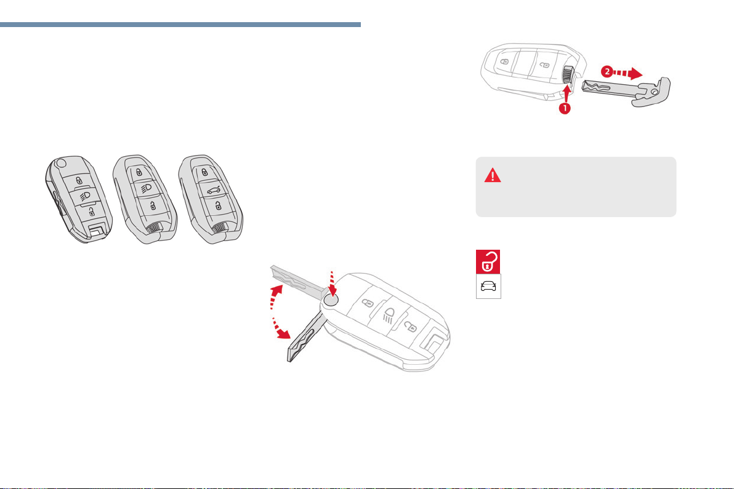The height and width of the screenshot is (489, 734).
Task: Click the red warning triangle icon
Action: click(x=493, y=176)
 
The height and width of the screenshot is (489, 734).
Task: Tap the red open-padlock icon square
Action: click(x=488, y=262)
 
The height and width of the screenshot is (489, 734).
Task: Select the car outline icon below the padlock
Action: click(x=488, y=286)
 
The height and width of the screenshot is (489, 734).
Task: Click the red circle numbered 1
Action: click(x=565, y=108)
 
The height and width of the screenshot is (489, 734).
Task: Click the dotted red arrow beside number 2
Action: click(x=628, y=73)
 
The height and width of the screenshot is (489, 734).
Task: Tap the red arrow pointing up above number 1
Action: click(x=567, y=92)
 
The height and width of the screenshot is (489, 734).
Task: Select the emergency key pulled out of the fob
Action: click(x=626, y=90)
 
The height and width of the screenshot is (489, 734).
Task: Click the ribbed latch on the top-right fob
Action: click(x=568, y=75)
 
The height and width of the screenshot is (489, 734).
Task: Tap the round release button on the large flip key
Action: click(x=331, y=301)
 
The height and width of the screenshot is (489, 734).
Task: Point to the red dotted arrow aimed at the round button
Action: click(x=333, y=284)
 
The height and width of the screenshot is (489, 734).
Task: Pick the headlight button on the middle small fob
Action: click(x=145, y=189)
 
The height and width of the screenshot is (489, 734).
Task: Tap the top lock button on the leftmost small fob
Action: click(x=79, y=180)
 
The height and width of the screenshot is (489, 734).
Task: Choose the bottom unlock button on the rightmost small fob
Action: click(x=217, y=205)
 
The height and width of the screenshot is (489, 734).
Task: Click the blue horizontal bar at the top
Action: click(x=180, y=25)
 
